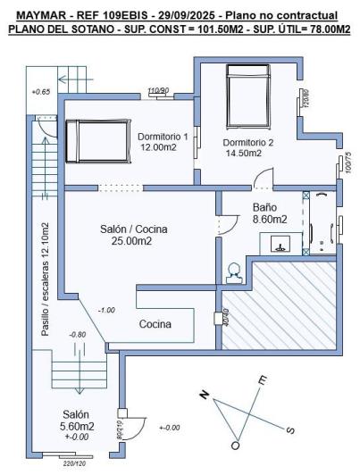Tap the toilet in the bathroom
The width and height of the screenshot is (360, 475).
[234, 270]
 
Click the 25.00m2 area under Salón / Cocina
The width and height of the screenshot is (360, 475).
[130, 241]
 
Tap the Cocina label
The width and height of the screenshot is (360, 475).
[155, 324]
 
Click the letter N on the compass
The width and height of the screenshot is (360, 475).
[203, 394]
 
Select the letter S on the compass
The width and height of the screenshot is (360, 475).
[290, 429]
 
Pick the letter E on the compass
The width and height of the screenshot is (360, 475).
[262, 380]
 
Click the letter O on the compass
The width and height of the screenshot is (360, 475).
[235, 444]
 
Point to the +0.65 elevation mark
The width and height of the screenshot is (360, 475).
[41, 92]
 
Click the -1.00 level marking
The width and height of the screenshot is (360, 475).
[106, 310]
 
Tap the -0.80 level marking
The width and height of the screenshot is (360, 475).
[77, 335]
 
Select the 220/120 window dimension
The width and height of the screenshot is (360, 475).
[74, 464]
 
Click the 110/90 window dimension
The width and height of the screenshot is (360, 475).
[158, 90]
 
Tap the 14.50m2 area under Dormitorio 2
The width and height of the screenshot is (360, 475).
[244, 153]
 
